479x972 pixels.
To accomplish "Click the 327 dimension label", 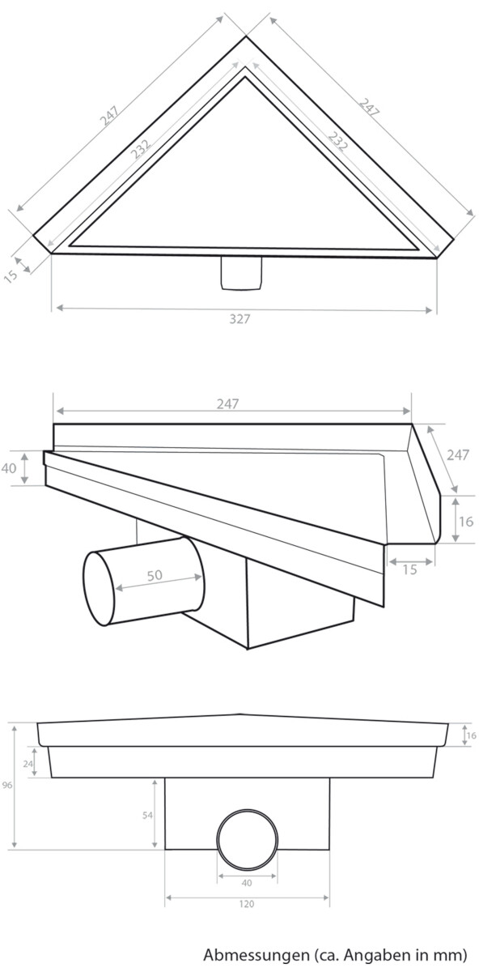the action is (239, 319).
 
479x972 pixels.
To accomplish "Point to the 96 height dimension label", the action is (7, 785).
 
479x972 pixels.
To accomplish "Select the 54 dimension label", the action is (147, 816).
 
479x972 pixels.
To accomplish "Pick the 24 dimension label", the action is (28, 764).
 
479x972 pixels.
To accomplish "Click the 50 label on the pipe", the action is (155, 575).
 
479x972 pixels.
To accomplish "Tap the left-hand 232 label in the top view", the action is (141, 149).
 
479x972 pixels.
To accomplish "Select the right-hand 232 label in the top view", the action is (337, 142).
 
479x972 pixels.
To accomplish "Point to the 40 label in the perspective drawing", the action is (9, 468).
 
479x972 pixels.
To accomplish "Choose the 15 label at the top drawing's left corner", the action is (11, 275).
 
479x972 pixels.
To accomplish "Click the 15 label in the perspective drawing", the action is (409, 569).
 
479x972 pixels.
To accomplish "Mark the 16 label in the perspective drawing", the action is (466, 521).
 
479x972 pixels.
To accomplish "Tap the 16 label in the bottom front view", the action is (471, 735).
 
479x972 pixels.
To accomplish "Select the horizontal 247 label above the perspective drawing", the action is (227, 404).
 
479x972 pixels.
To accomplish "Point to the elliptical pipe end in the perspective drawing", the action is (99, 588).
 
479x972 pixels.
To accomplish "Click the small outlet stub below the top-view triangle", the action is (241, 274).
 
